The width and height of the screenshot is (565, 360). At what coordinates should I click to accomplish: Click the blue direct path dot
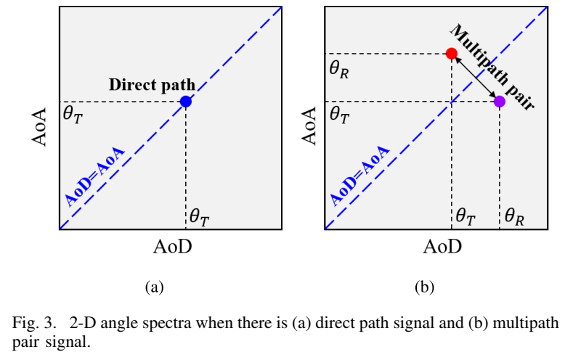[186, 102]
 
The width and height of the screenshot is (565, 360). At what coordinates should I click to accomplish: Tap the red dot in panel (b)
[451, 54]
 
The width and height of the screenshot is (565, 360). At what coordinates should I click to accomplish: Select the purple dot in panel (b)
[500, 102]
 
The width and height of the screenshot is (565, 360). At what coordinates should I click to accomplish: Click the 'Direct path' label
[153, 84]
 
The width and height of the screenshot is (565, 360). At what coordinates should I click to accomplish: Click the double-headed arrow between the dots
[475, 78]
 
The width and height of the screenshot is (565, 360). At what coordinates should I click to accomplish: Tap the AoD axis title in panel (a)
[173, 247]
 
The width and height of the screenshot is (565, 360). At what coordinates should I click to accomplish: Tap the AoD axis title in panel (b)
[442, 247]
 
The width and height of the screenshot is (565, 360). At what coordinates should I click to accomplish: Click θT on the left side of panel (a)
[73, 115]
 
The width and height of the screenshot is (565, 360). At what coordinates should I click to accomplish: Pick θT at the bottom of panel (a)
[200, 216]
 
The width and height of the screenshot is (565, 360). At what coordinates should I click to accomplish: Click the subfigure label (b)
[424, 287]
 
